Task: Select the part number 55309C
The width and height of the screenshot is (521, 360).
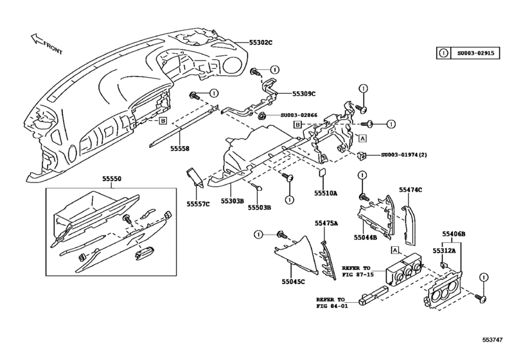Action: coord(305,93)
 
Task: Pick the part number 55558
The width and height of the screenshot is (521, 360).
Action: coord(180,148)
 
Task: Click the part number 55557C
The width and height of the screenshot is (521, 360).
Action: coord(199,202)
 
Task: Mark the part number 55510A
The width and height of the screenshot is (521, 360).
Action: coord(326,192)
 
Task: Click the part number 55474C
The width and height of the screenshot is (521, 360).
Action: coord(410,190)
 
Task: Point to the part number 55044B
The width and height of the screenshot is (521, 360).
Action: coord(365,238)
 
